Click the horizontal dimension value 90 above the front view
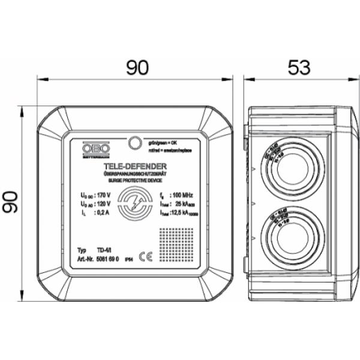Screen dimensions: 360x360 pos(137,68)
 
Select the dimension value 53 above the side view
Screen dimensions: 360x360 pos(296,68)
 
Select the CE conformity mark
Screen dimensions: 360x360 pos(145,255)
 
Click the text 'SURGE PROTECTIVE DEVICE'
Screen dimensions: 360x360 pos(135,179)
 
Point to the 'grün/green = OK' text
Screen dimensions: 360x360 pos(166,142)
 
